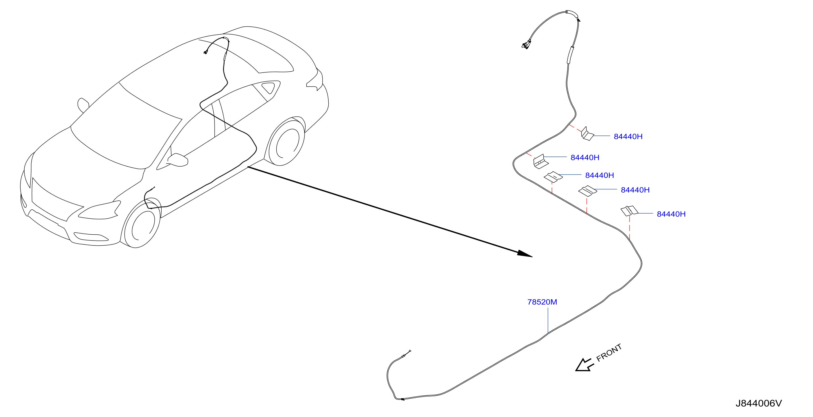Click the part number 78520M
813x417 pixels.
point(542,302)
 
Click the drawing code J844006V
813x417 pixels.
point(759,404)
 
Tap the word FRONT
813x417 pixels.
point(609,352)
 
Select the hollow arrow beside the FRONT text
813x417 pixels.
point(584,365)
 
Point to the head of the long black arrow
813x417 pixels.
point(525,254)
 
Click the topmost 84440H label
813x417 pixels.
point(628,137)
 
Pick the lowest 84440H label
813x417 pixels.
point(671,214)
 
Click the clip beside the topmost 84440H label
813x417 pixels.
point(587,134)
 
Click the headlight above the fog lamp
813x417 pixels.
point(100,210)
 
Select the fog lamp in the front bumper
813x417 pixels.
point(91,237)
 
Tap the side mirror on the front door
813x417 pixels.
point(178,160)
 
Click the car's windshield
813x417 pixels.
point(126,126)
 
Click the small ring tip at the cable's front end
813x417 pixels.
point(410,351)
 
